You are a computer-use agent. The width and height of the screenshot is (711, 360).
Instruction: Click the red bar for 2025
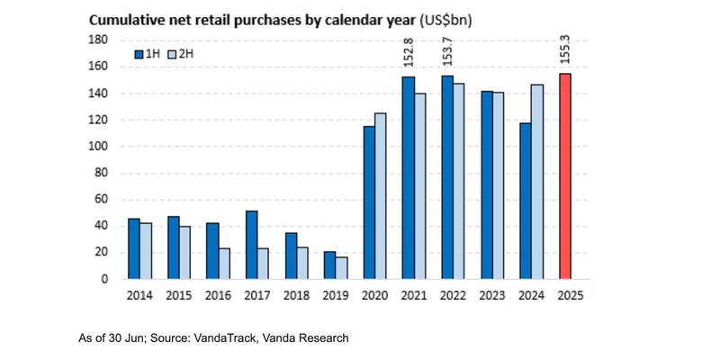pos(565,176)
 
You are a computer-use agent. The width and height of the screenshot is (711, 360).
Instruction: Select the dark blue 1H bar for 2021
pos(409,177)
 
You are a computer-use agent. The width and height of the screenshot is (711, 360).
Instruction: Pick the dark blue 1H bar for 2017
pos(251,245)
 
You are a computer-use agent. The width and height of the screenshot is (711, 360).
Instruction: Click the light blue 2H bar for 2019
pos(303,268)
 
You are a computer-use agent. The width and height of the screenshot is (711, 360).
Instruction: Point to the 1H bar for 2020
pos(369,202)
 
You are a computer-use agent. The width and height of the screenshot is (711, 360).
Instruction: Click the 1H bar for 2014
pos(133,248)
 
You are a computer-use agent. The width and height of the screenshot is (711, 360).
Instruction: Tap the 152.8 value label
pos(408,53)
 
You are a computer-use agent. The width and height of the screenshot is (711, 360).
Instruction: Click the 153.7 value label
pos(447,53)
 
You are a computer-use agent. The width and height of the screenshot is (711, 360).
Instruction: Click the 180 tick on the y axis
pos(98,40)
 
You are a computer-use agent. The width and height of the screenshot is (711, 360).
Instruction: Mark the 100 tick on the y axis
pos(98,146)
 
